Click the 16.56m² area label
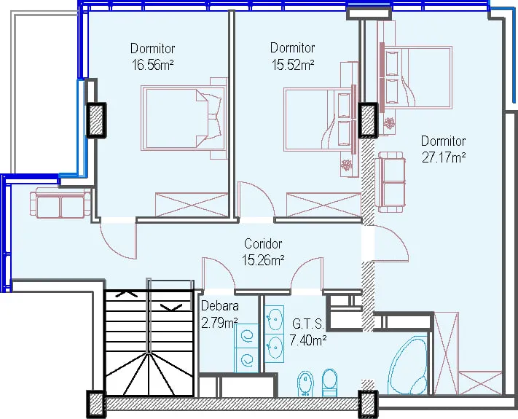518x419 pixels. [x=152, y=65]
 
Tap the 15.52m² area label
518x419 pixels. [x=293, y=65]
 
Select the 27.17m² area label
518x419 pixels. [x=444, y=157]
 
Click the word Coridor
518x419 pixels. [x=263, y=244]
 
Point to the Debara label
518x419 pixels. [x=220, y=305]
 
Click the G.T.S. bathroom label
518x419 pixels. [x=308, y=324]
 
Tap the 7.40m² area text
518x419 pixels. [x=308, y=340]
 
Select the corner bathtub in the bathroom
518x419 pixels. [x=408, y=366]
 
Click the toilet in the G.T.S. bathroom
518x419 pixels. [x=329, y=383]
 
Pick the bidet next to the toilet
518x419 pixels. [x=305, y=383]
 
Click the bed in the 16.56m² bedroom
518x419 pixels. [x=184, y=118]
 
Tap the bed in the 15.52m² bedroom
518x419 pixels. [x=319, y=120]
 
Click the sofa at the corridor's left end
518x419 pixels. [x=60, y=203]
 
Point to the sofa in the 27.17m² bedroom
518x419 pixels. [x=391, y=182]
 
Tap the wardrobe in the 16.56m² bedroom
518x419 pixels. [x=192, y=205]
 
